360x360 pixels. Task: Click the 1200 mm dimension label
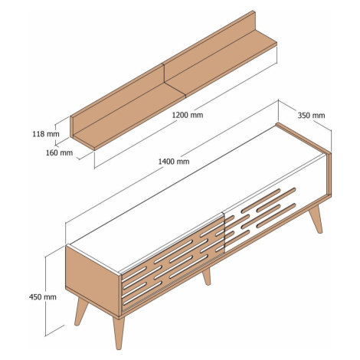[x=188, y=115]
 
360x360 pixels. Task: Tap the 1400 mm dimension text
[x=174, y=162]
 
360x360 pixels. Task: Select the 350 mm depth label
[x=311, y=116]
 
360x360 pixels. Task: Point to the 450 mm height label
[x=43, y=297]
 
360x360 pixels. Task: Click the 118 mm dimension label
[x=46, y=134]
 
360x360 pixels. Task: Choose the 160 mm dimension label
[x=59, y=152]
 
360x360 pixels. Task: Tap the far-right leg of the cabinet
[x=316, y=219]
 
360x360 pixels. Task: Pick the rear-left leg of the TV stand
[x=81, y=311]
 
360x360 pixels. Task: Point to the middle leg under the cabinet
[x=207, y=277]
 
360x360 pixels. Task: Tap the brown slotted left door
[x=172, y=263]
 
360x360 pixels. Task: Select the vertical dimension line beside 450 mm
[x=45, y=296]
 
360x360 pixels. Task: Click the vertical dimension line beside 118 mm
[x=55, y=135]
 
